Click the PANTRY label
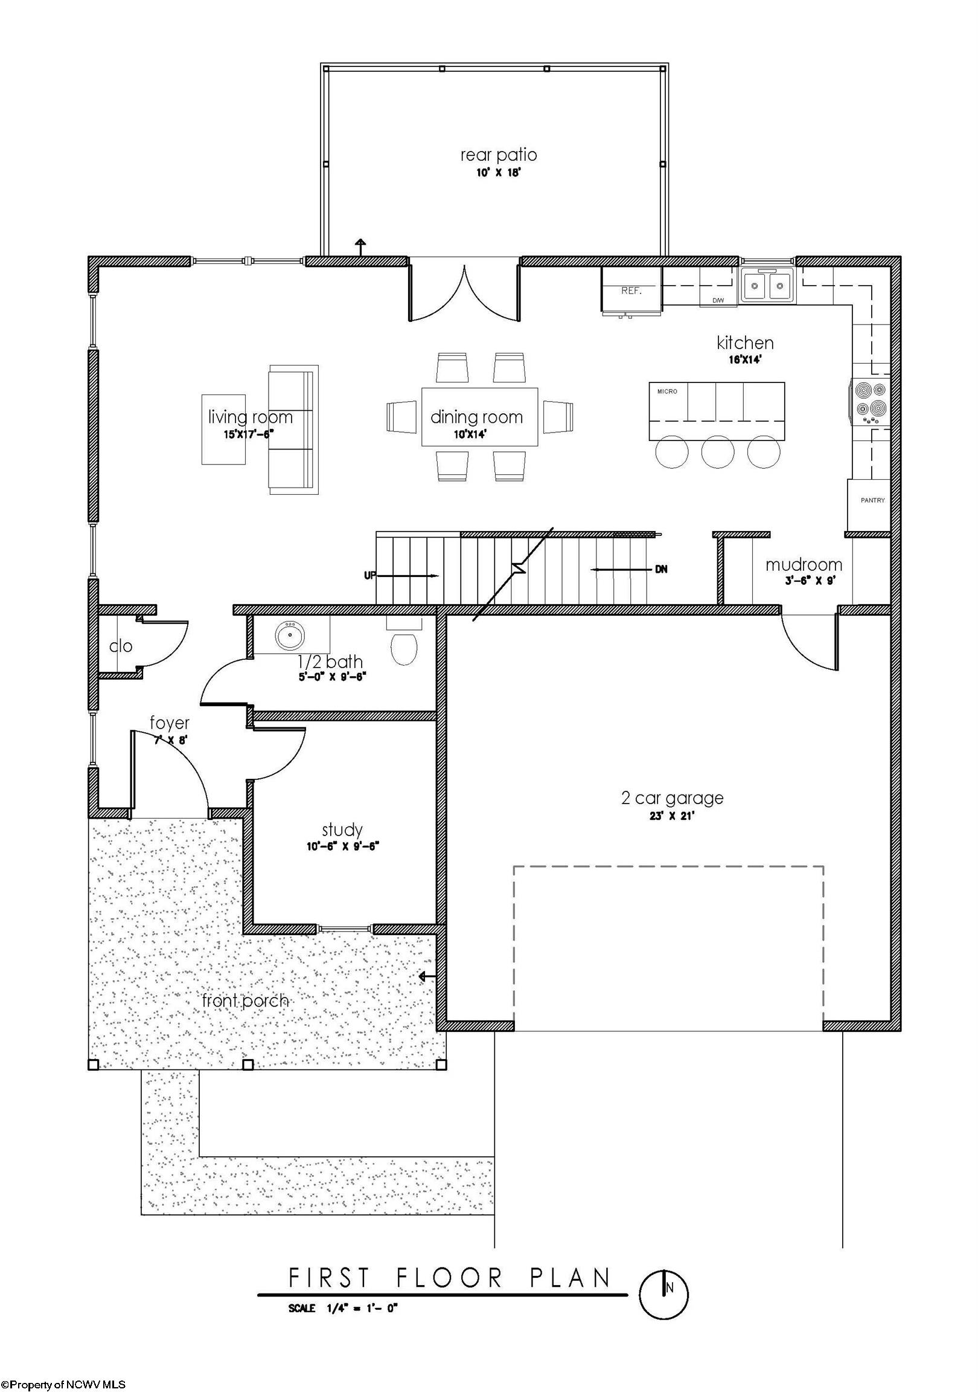pos(872,500)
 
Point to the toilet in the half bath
pos(403,647)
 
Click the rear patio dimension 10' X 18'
pos(498,173)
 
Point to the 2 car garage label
pos(672,798)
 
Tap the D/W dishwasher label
pos(718,301)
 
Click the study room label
pos(342,830)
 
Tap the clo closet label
pos(121,646)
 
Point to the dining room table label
pos(476,417)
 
